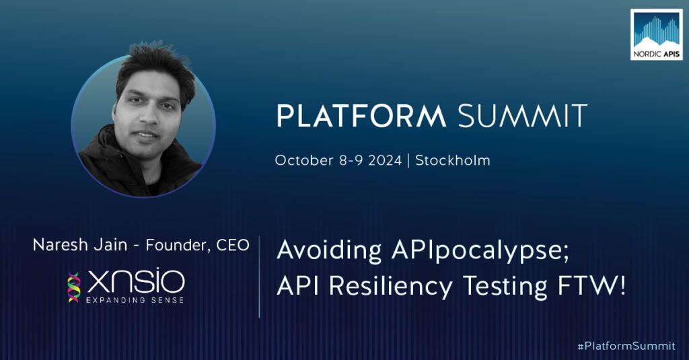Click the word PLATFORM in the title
[x=361, y=116]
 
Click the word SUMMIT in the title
[x=522, y=116]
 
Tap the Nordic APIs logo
[x=657, y=35]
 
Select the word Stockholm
[x=453, y=160]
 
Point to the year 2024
[x=385, y=160]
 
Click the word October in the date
[x=304, y=160]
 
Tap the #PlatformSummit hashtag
[x=626, y=346]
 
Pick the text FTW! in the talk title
[x=591, y=286]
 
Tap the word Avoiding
[x=329, y=251]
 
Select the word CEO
[x=233, y=246]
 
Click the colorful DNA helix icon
[x=74, y=287]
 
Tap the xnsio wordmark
[x=136, y=281]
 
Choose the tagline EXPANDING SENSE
[x=135, y=300]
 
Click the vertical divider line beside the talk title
[x=259, y=277]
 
